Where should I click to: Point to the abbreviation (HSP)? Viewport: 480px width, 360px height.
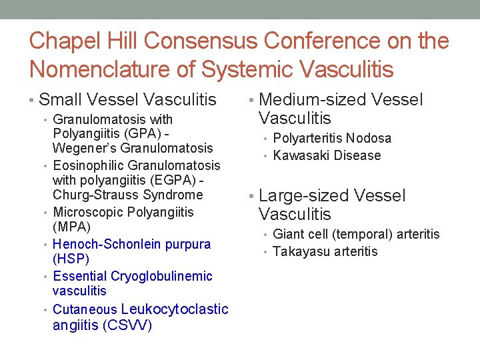(x=71, y=259)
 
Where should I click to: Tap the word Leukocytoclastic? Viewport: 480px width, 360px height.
(x=175, y=309)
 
